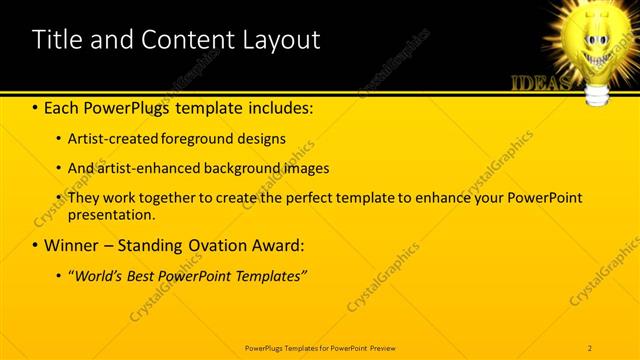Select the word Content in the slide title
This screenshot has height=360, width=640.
point(177,40)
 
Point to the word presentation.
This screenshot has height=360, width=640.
point(112,214)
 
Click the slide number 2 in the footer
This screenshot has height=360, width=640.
point(590,347)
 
